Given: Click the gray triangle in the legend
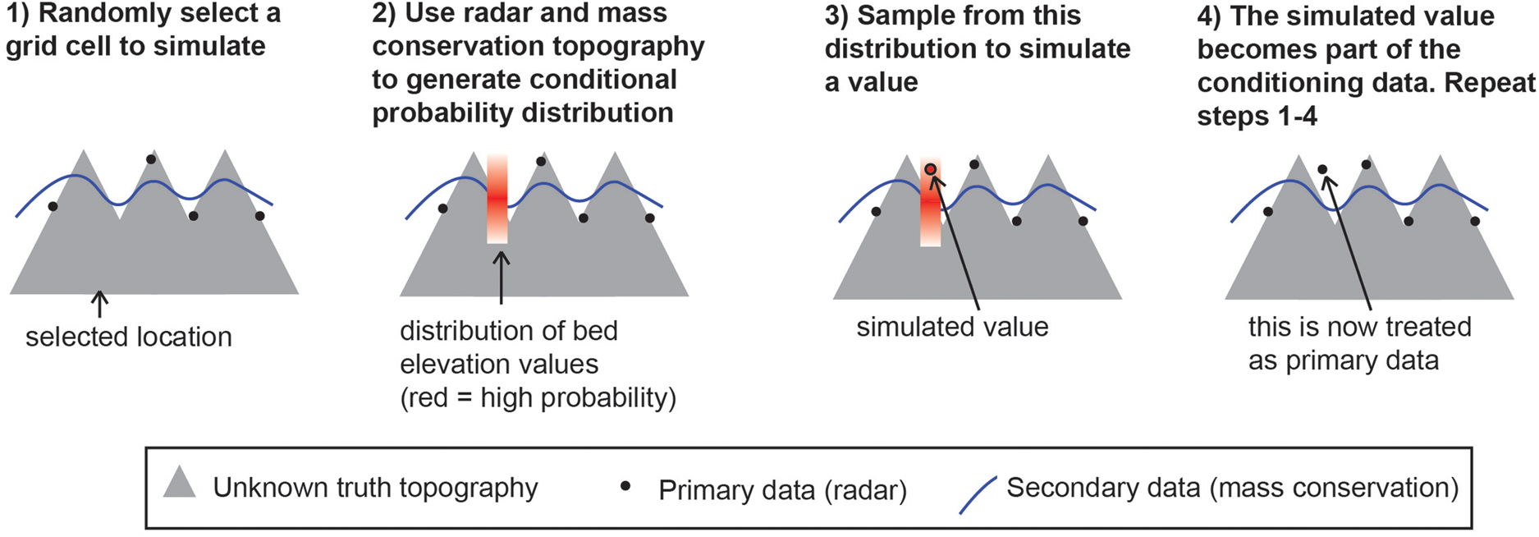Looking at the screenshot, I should point(180,484).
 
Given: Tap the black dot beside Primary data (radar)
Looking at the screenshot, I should point(625,486).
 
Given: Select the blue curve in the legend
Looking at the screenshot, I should point(978,495).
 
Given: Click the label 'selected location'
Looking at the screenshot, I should point(129,337).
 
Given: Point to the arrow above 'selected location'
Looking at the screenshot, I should point(99,304).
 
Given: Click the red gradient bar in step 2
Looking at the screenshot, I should point(497,199).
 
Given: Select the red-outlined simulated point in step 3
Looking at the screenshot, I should point(930,170).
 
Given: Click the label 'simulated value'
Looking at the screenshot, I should point(952,327).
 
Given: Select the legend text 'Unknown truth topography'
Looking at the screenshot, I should point(375,488).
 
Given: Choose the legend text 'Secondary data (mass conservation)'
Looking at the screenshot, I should point(1232,488).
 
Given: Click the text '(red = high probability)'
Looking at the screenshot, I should point(538,398).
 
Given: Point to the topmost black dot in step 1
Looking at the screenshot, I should point(150,159).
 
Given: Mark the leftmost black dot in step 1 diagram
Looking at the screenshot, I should point(53,206).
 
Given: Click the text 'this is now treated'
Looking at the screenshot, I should point(1359,327).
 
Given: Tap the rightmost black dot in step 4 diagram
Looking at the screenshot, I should point(1475,222).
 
